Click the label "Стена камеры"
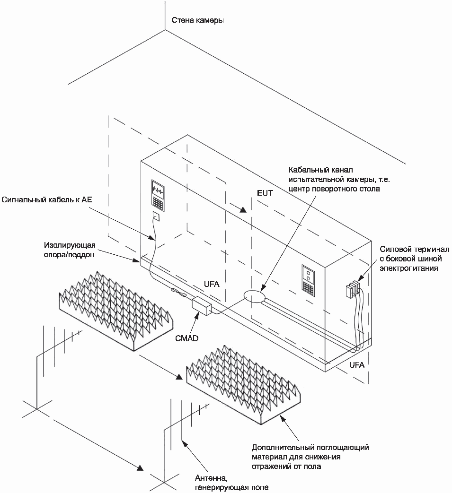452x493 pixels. [x=198, y=20]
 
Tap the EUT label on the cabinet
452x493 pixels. [x=265, y=193]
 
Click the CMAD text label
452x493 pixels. [x=186, y=338]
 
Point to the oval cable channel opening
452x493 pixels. [x=254, y=296]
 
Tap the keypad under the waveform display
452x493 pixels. [x=158, y=203]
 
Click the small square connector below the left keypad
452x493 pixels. [x=156, y=216]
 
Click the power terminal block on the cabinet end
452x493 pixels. [x=352, y=289]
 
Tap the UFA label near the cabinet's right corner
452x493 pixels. [x=356, y=365]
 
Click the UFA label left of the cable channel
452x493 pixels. [x=212, y=284]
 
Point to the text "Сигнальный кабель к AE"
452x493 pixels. [x=47, y=199]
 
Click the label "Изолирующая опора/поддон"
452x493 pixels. [x=70, y=250]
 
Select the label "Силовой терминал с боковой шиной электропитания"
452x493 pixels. [x=415, y=259]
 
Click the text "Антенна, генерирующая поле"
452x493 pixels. [x=231, y=483]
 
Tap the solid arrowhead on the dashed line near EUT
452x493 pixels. [x=243, y=210]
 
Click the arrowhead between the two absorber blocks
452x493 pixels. [x=178, y=377]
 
